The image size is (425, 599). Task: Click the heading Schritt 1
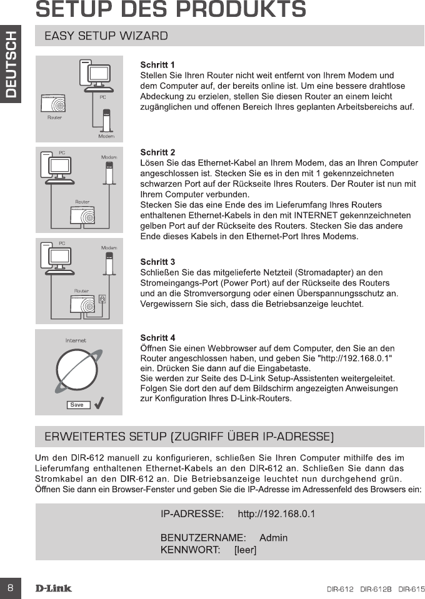(157, 65)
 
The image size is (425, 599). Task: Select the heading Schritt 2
(157, 152)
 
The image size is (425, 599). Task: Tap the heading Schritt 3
(157, 262)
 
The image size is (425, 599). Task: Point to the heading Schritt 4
(157, 338)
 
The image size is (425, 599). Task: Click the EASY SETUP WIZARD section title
(106, 36)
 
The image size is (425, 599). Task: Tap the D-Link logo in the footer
(53, 588)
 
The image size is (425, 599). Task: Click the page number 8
(11, 588)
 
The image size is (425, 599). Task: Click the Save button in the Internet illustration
(77, 405)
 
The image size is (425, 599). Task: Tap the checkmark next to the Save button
(99, 403)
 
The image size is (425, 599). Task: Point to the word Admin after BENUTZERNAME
(273, 537)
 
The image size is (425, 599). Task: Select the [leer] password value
(245, 550)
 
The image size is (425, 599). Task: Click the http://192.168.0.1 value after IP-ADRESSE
(277, 515)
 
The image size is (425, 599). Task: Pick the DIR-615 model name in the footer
(411, 589)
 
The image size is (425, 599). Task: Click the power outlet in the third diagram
(102, 299)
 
